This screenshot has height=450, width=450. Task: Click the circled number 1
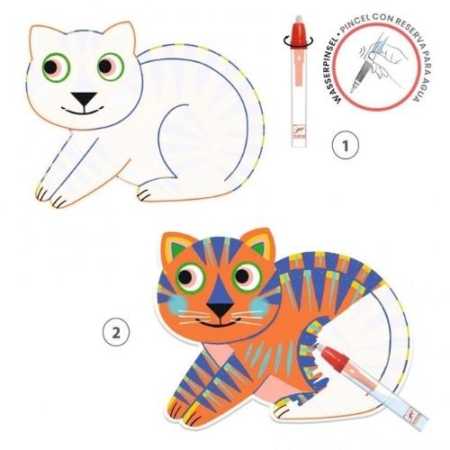coord(346,145)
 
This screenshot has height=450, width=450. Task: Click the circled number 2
coord(116,332)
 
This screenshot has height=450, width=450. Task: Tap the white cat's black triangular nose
coord(84,98)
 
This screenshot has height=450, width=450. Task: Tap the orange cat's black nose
coord(220,310)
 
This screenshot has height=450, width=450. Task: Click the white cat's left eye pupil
coord(50,67)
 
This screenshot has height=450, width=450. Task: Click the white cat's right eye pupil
coord(105,67)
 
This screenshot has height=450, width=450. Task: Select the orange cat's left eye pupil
coord(185,276)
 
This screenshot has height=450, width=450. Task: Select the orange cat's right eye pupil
coord(242,276)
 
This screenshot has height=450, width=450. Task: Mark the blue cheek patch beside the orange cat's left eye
coord(178,303)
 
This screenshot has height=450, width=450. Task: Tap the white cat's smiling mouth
coord(83,111)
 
